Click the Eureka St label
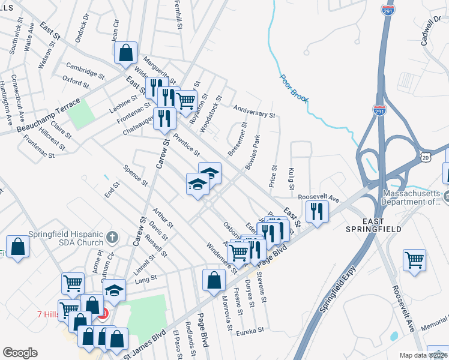250,331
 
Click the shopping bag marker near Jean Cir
126,53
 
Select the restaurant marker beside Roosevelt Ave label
316,210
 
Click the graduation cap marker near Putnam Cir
114,290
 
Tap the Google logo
20,353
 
